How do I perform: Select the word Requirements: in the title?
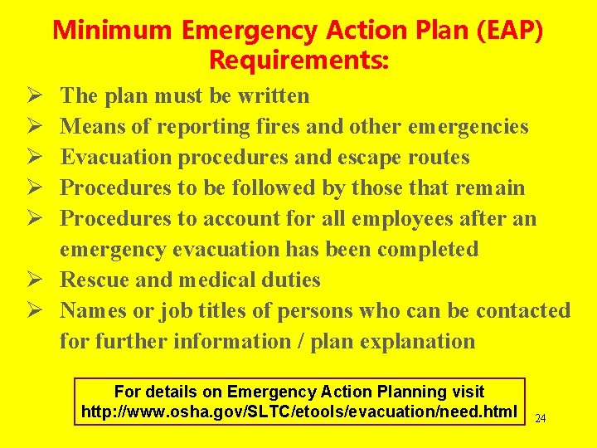299,61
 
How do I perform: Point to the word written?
274,95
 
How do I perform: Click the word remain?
490,187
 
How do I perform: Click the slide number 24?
540,419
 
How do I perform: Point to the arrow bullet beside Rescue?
24,280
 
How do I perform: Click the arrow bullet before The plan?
24,96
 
